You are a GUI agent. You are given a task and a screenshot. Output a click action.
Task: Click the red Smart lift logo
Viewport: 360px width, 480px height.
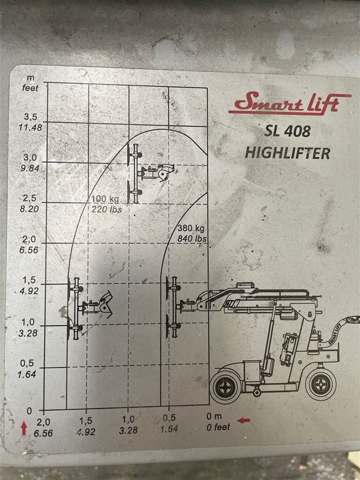pyautogui.click(x=290, y=103)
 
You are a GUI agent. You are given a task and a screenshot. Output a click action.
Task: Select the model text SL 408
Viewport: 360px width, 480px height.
pyautogui.click(x=287, y=131)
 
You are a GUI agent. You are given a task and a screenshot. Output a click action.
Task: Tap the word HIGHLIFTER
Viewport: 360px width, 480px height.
pyautogui.click(x=287, y=153)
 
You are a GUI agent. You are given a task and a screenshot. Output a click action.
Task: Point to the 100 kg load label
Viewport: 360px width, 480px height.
pyautogui.click(x=105, y=199)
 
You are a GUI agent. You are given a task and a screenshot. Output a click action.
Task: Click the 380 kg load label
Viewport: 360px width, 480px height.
pyautogui.click(x=190, y=228)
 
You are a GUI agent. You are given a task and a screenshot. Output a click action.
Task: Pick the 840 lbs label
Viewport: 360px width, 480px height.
pyautogui.click(x=192, y=238)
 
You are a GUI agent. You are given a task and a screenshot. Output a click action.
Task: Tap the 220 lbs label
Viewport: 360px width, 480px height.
pyautogui.click(x=107, y=209)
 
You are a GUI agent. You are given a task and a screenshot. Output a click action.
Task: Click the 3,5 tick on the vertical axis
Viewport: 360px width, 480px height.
pyautogui.click(x=30, y=116)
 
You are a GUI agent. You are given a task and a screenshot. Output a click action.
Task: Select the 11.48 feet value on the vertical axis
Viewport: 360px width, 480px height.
pyautogui.click(x=30, y=127)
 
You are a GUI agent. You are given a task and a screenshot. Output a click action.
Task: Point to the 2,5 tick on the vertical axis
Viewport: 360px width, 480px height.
pyautogui.click(x=30, y=198)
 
